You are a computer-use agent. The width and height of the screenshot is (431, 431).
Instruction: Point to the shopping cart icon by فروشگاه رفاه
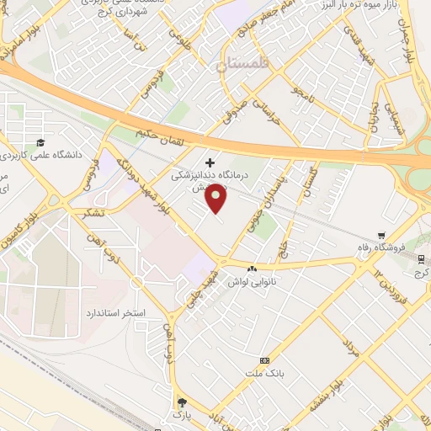382,236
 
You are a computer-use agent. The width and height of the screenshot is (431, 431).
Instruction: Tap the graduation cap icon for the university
40,141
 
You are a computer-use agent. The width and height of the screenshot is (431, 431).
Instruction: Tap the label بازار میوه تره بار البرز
381,7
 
